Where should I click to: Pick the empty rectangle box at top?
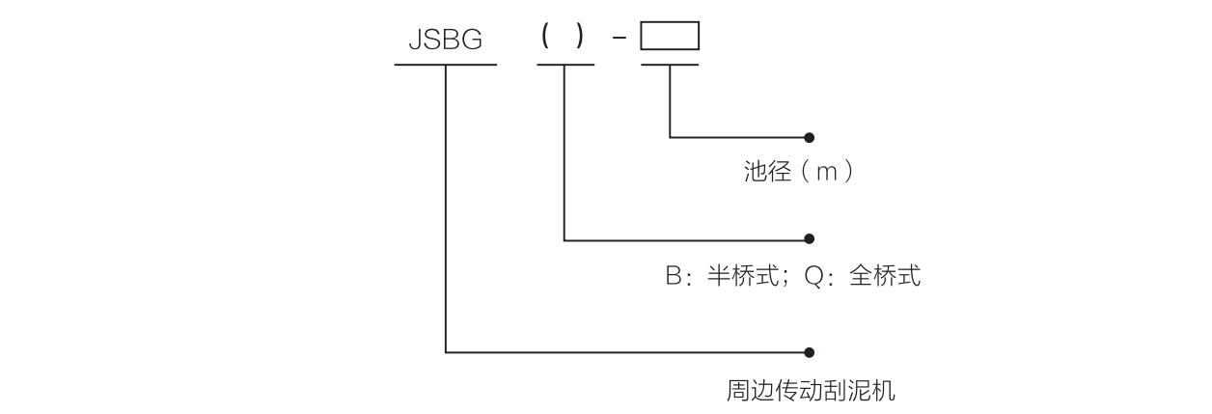[x=670, y=36]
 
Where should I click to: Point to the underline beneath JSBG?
[x=445, y=65]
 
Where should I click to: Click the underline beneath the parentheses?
[x=565, y=65]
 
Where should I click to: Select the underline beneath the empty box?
[x=670, y=65]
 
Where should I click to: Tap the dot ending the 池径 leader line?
[x=809, y=138]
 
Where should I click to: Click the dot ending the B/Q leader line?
[x=809, y=238]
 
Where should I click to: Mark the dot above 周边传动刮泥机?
[x=809, y=352]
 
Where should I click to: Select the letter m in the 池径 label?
[x=822, y=175]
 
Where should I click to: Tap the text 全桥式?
[x=885, y=277]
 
